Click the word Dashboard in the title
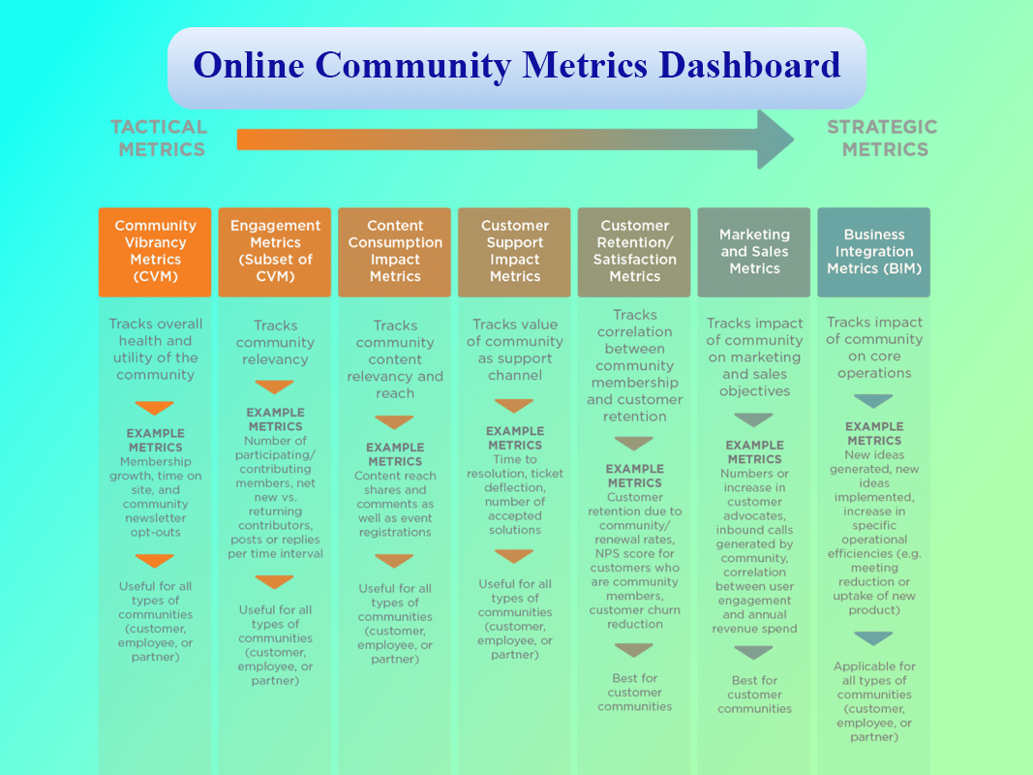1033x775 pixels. (x=749, y=65)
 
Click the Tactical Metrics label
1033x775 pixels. (x=160, y=139)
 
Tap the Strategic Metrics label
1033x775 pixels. (x=883, y=139)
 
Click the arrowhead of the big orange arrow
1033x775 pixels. (x=775, y=139)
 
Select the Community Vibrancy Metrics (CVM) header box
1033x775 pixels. (x=155, y=253)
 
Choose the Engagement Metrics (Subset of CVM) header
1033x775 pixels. (x=275, y=253)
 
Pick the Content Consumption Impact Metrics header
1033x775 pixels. (x=395, y=253)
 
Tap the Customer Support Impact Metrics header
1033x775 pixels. (x=514, y=253)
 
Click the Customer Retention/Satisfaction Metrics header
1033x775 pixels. (x=634, y=253)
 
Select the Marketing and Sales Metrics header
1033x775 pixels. (x=754, y=253)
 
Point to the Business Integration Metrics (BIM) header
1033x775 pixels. (x=874, y=253)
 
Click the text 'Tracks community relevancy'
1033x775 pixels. (x=275, y=343)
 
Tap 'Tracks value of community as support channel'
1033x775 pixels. (x=515, y=350)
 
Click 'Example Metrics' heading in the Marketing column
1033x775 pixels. (x=755, y=452)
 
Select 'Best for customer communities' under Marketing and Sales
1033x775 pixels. (x=755, y=695)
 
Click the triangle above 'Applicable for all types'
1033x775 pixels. (x=873, y=638)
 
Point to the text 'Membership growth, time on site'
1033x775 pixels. (x=156, y=476)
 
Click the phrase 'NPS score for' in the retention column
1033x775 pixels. (x=635, y=553)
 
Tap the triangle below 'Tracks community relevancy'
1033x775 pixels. (x=274, y=387)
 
